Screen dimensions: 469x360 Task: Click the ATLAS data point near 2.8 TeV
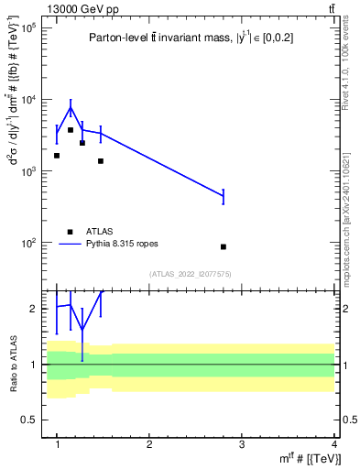224,246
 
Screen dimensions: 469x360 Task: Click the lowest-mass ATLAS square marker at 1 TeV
57,156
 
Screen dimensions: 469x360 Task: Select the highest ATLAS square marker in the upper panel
71,130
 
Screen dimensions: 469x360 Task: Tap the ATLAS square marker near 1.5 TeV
101,160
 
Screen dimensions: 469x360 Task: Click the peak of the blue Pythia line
71,108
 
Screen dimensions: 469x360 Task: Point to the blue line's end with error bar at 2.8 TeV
224,195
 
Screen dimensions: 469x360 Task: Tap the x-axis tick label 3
241,444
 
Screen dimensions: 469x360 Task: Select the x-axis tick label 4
333,444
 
